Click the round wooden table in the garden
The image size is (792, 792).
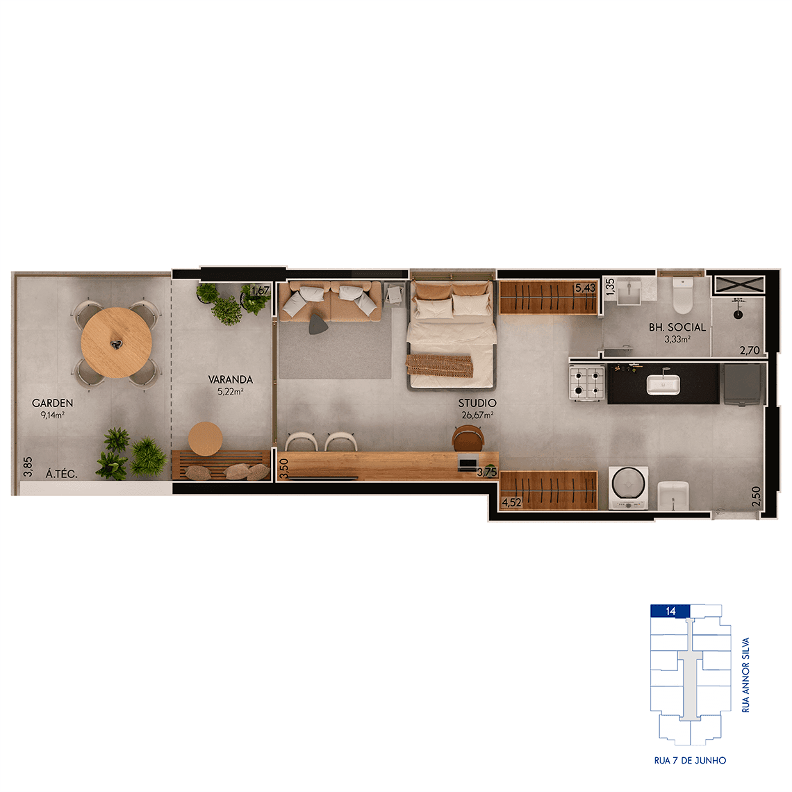pyautogui.click(x=116, y=343)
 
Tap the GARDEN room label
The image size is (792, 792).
pyautogui.click(x=53, y=403)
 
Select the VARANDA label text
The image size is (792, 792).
pyautogui.click(x=231, y=379)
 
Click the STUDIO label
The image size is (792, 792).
pyautogui.click(x=477, y=403)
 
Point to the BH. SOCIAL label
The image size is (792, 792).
pyautogui.click(x=677, y=327)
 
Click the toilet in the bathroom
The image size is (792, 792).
pyautogui.click(x=682, y=295)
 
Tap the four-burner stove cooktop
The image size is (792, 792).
pyautogui.click(x=587, y=383)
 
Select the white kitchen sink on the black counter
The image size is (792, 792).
pyautogui.click(x=663, y=385)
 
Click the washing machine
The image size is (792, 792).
pyautogui.click(x=628, y=488)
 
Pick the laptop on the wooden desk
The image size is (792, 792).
pyautogui.click(x=468, y=463)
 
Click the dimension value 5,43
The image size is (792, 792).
pyautogui.click(x=586, y=288)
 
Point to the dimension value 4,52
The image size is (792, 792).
pyautogui.click(x=511, y=502)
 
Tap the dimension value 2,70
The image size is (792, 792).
pyautogui.click(x=750, y=350)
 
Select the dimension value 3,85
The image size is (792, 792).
pyautogui.click(x=28, y=467)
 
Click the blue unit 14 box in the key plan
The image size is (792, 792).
pyautogui.click(x=670, y=611)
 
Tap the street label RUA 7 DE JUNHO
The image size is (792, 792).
pyautogui.click(x=690, y=760)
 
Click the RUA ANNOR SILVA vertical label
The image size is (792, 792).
pyautogui.click(x=745, y=675)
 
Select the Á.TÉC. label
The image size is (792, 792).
pyautogui.click(x=62, y=474)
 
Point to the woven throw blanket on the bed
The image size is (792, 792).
pyautogui.click(x=440, y=365)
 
